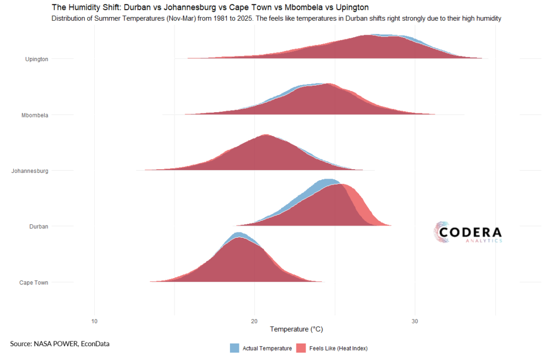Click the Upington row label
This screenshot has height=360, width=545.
click(37, 59)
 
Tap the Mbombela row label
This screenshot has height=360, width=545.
click(35, 115)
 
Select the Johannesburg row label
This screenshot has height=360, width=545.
click(30, 171)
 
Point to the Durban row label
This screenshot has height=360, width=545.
click(38, 227)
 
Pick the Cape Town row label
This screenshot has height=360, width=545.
click(34, 282)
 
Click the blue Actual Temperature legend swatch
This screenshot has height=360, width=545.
click(235, 348)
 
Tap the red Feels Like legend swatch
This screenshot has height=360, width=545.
click(301, 348)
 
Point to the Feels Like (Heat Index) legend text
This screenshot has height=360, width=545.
click(338, 348)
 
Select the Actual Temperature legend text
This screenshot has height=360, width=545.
click(267, 348)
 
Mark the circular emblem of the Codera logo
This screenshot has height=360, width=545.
click(442, 233)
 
